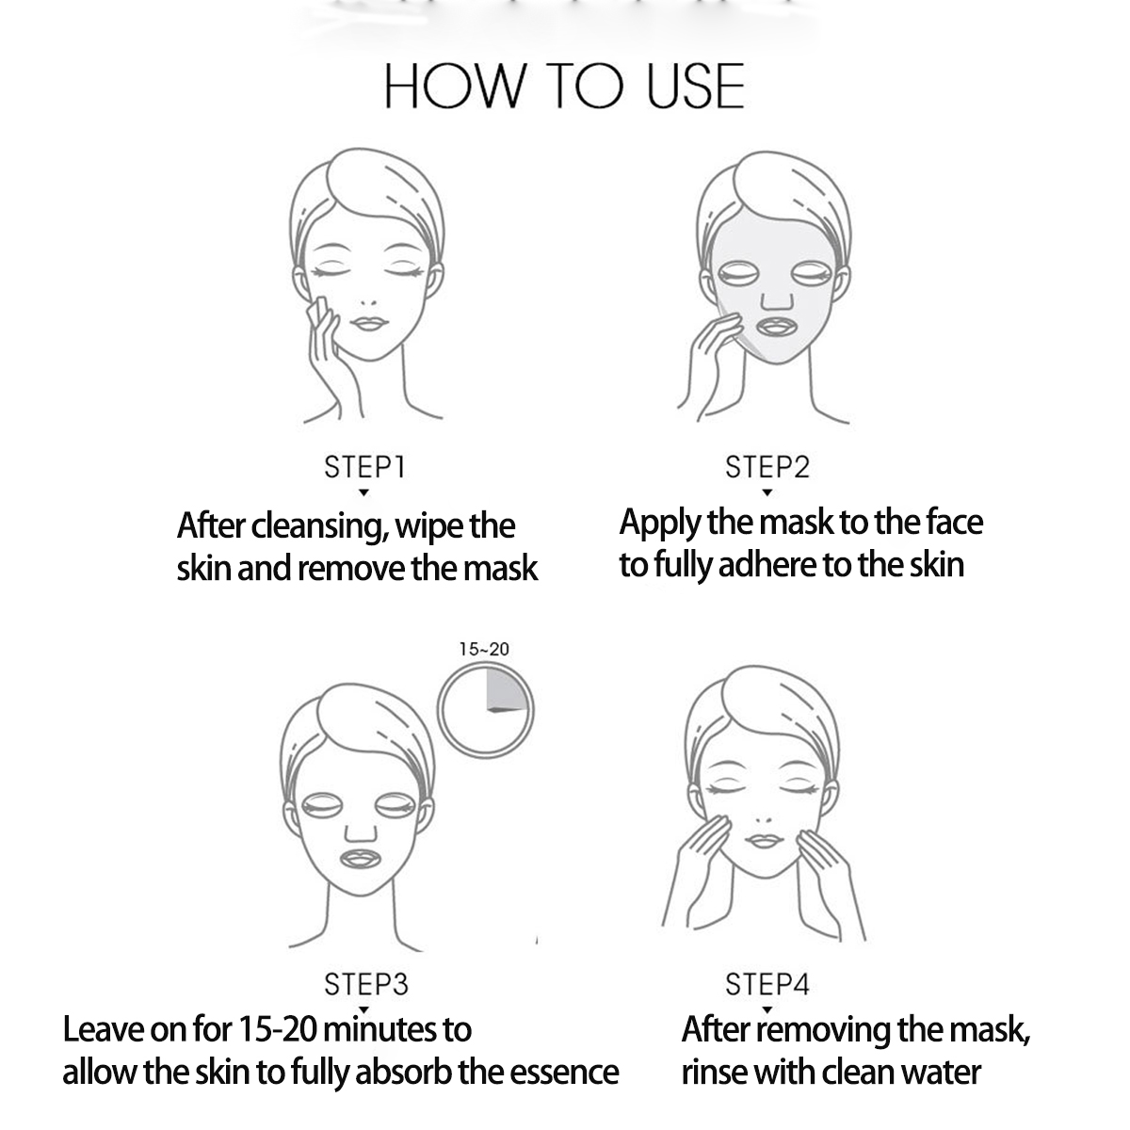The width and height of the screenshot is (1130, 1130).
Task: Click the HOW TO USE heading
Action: click(564, 87)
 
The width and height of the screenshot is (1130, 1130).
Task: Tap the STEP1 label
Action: click(364, 467)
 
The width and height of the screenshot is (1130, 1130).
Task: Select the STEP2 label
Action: click(767, 467)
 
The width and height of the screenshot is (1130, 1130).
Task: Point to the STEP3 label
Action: click(366, 984)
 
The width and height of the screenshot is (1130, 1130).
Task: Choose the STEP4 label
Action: click(767, 984)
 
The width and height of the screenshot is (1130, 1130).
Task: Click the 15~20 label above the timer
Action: click(484, 649)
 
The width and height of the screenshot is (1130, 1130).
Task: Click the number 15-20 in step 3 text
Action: click(278, 1029)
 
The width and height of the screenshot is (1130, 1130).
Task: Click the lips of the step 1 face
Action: click(369, 323)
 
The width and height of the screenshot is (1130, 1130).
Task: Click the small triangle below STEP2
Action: click(767, 492)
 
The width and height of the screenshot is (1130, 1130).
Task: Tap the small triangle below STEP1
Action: click(363, 492)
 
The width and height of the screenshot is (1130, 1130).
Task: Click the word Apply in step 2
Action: click(660, 523)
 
